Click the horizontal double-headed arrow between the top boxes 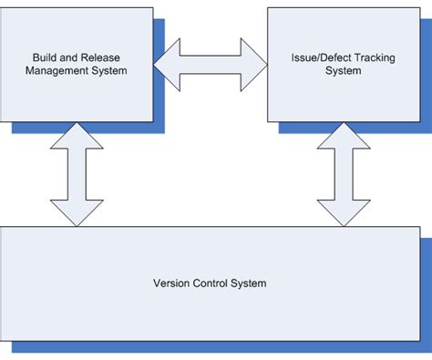(x=210, y=64)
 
